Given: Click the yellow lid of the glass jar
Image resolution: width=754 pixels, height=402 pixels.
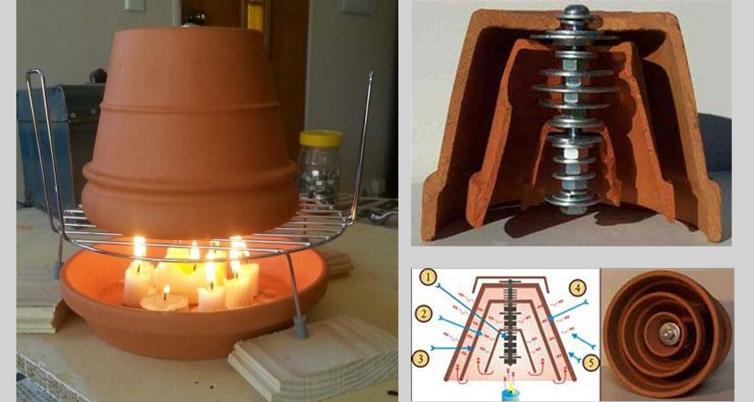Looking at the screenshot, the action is pos(320,138).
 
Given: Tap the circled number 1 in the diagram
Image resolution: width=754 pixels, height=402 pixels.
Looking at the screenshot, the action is pos(428,277).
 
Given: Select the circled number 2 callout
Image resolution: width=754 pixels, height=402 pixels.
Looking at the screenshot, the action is pos(424,314).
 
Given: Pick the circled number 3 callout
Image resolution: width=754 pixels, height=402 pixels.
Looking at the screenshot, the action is pos(421,359).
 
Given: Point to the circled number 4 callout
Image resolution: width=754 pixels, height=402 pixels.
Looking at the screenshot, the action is pos(577,288).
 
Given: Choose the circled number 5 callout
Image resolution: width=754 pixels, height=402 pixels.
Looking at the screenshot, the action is pos(591,363).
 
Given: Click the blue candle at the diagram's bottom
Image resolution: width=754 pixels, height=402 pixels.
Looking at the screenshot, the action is pos(511,394).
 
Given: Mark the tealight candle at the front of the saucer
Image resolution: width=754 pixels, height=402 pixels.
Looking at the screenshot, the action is pos(165,301).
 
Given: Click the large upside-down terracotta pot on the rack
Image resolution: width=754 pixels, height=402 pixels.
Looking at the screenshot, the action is pos(190,132).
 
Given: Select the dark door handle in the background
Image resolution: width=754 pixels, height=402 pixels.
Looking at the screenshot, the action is pos(194,16).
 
